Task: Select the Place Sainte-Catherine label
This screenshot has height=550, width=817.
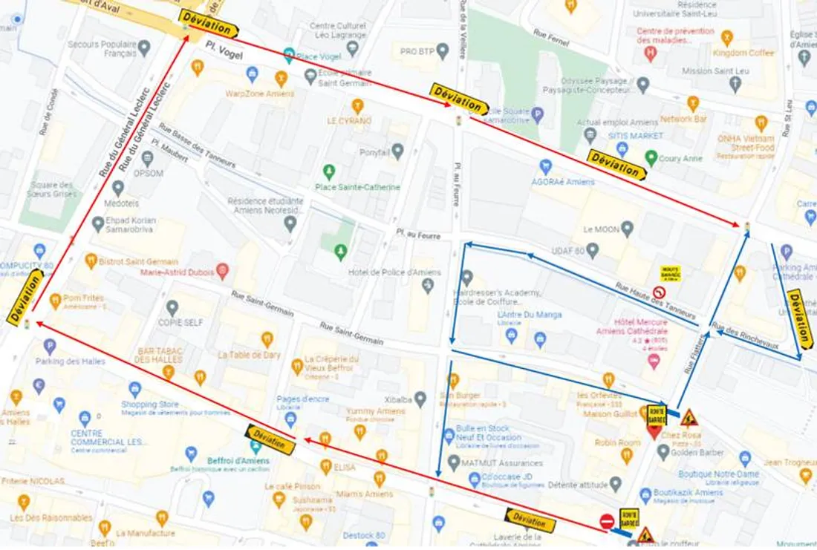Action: tap(357, 187)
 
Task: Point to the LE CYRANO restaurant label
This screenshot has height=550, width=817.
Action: tap(349, 120)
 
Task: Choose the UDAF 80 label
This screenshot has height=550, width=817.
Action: tap(570, 252)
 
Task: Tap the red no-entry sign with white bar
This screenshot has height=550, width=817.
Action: tap(607, 521)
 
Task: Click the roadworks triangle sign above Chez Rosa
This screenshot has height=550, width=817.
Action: tap(689, 417)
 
